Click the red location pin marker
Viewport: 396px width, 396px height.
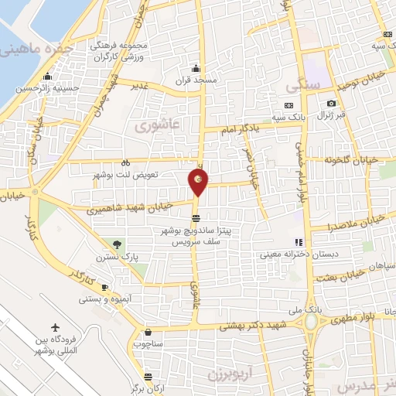point(199,181)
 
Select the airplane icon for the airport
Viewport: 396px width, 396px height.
point(55,327)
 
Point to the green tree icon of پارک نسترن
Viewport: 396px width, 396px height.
point(118,244)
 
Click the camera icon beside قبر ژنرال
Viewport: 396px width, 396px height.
point(331,104)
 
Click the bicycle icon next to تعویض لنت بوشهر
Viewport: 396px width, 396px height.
point(126,163)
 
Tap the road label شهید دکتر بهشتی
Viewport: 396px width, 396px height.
point(254,326)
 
